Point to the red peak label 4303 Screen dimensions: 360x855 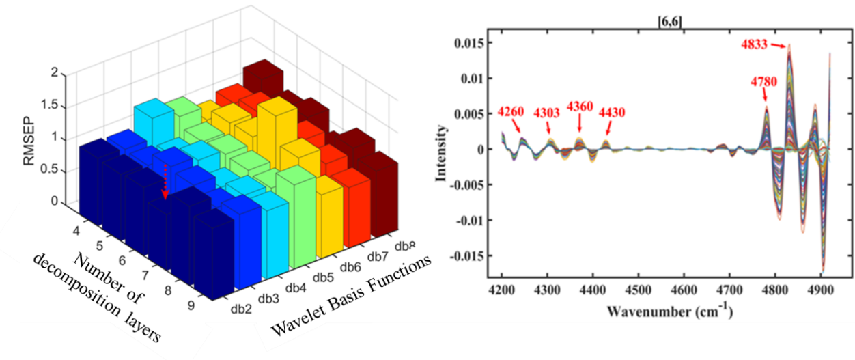(547, 111)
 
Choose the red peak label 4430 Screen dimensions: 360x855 (612, 111)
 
